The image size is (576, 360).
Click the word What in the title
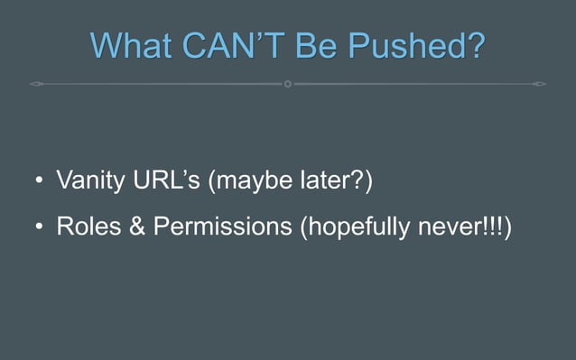point(132,45)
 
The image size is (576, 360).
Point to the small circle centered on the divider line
point(287,84)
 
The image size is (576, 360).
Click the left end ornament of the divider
point(35,84)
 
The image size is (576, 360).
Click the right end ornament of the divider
point(539,84)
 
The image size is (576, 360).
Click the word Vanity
point(91,181)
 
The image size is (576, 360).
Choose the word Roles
point(89,227)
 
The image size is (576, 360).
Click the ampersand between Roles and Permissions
point(137,227)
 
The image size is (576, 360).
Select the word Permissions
point(222,227)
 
